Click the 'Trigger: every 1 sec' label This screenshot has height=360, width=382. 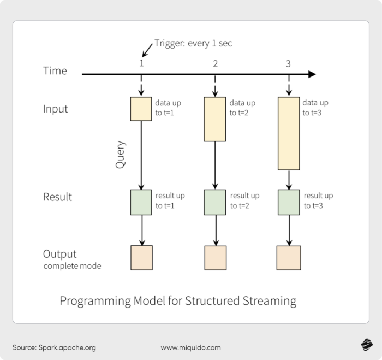pyautogui.click(x=193, y=44)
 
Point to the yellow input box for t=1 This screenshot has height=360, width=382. pyautogui.click(x=141, y=109)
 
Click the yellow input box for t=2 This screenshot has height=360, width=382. pyautogui.click(x=215, y=119)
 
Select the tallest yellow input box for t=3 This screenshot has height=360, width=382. pyautogui.click(x=288, y=133)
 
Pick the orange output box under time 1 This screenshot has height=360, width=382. pyautogui.click(x=141, y=258)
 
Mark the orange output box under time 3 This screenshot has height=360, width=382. pyautogui.click(x=288, y=258)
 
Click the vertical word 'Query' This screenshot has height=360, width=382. pyautogui.click(x=121, y=155)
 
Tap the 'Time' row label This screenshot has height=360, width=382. pyautogui.click(x=55, y=71)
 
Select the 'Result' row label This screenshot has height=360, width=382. pyautogui.click(x=57, y=197)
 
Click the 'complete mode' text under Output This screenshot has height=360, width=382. pyautogui.click(x=72, y=267)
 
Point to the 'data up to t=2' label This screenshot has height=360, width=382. pyautogui.click(x=242, y=108)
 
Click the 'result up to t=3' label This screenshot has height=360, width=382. pyautogui.click(x=318, y=200)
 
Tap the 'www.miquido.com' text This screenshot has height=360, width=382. pyautogui.click(x=191, y=347)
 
